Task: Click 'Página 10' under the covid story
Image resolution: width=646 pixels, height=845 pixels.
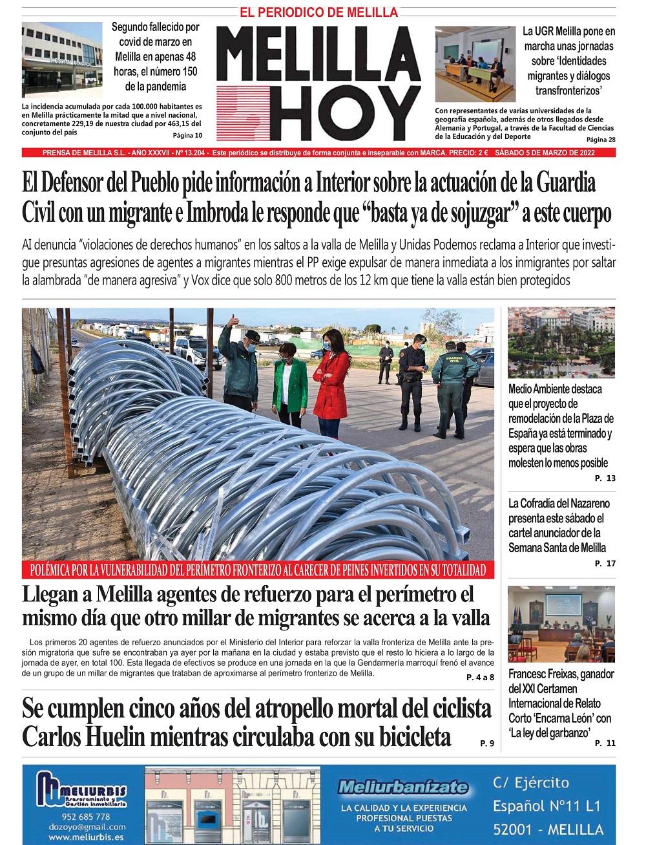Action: click(x=187, y=136)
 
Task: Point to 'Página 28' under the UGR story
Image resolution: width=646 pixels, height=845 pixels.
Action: click(x=601, y=140)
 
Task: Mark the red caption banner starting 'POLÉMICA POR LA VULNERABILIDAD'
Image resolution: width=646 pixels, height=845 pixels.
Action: click(x=257, y=570)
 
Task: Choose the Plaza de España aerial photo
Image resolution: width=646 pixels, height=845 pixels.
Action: click(x=561, y=342)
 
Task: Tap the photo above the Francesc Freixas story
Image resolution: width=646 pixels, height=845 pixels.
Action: click(x=561, y=624)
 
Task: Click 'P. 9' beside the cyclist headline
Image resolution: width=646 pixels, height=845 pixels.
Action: click(x=487, y=743)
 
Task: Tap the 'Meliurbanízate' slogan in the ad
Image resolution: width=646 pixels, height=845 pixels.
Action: click(x=403, y=787)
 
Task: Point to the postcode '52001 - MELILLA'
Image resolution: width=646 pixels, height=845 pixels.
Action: click(x=548, y=829)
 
